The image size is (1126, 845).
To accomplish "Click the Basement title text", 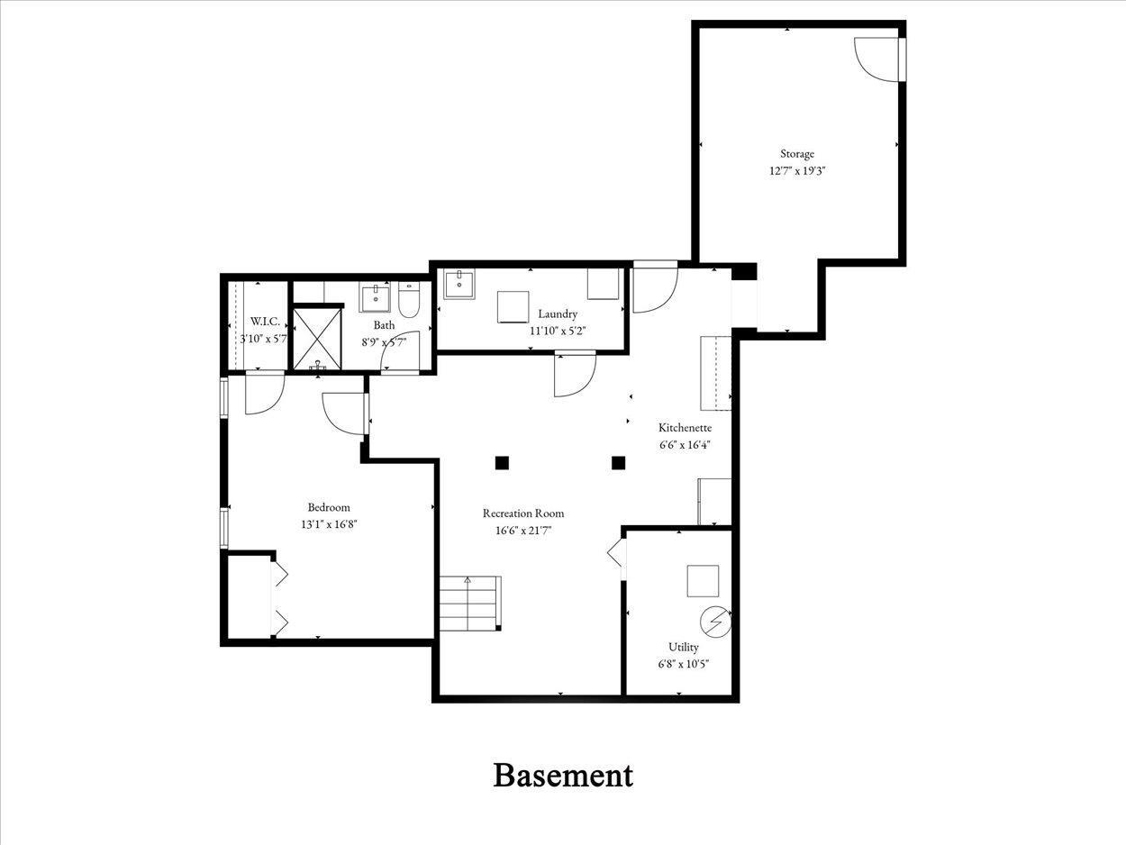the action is pos(563,775).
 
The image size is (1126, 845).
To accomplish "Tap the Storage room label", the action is pos(797,154).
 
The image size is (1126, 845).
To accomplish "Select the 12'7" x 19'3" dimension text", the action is pos(796,171).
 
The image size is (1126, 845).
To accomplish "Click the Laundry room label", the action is pos(558,314).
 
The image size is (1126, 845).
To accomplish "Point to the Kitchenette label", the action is pos(685,427).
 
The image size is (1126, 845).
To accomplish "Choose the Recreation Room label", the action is pos(523,513).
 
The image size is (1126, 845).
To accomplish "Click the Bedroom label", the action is pos(329,507).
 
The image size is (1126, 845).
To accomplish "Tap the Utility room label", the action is pos(684,648).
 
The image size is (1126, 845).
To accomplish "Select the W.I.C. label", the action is pos(265,322).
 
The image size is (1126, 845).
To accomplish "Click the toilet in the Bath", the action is pos(409,300).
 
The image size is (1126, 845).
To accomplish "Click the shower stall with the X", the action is pos(317,339).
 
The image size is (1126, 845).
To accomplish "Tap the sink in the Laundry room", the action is pos(459,284).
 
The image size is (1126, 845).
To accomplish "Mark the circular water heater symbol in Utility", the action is pos(715,622).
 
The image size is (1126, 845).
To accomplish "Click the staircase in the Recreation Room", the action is pos(470,604).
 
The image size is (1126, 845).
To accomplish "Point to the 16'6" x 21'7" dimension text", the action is pos(523,531).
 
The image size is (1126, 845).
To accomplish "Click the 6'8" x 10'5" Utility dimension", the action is pos(684,665).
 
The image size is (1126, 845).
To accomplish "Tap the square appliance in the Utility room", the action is pos(703,581).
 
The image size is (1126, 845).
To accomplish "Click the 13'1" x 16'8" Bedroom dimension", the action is pos(329,524).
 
